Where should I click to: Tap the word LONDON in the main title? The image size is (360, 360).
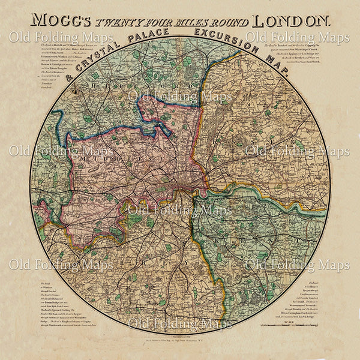click(x=291, y=20)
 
